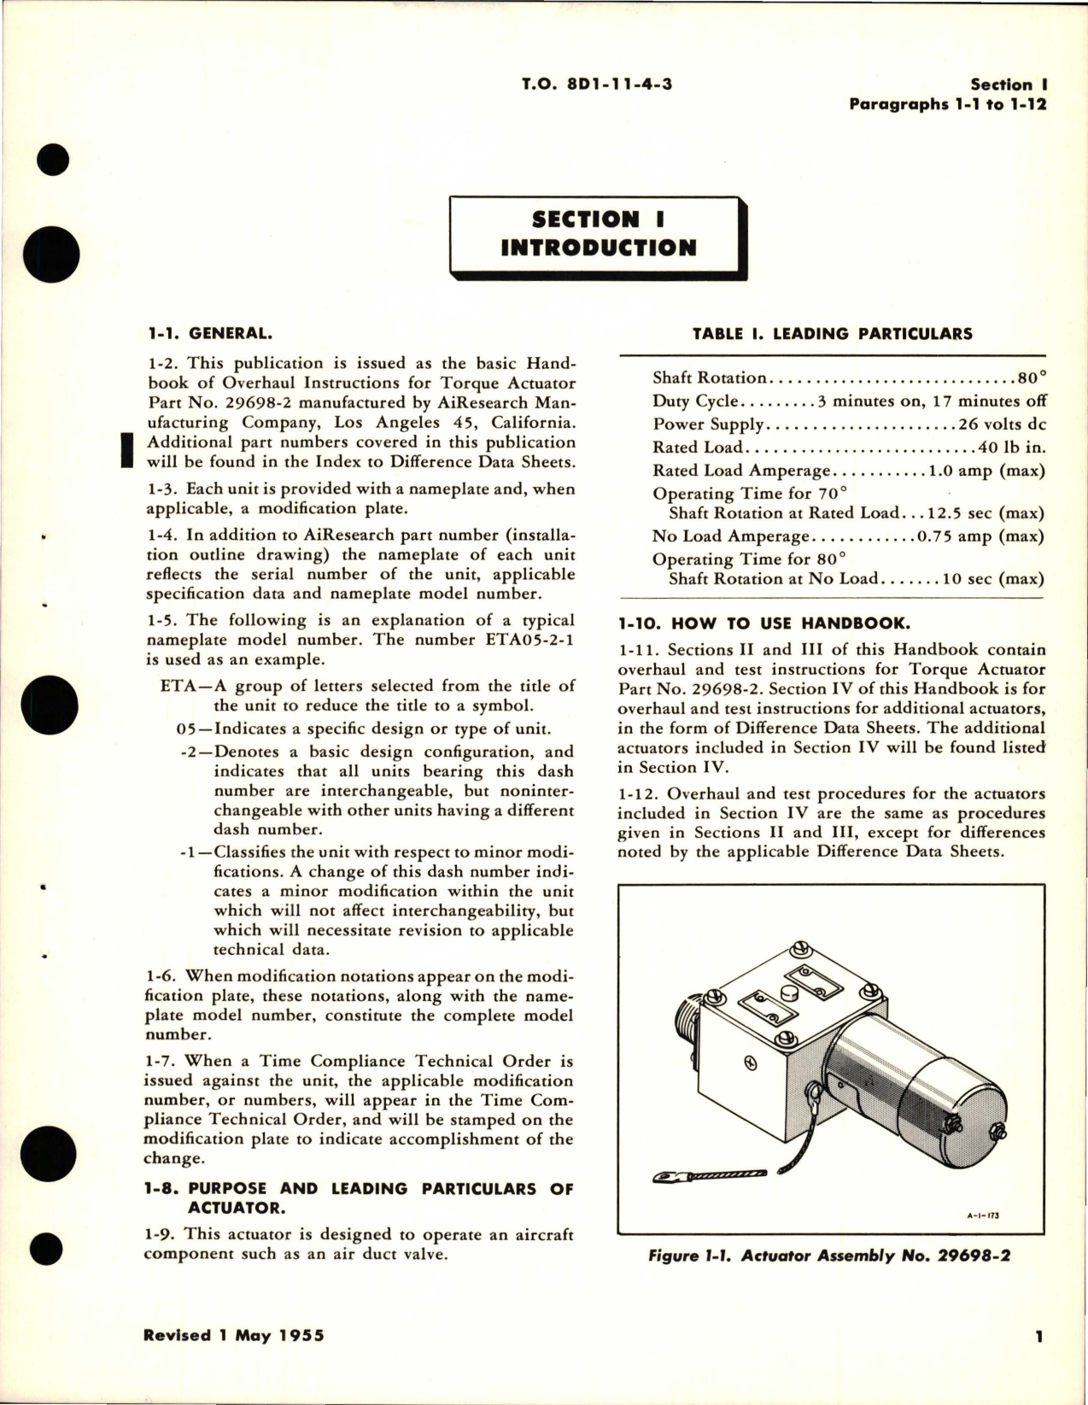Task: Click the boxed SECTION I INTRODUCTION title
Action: (x=598, y=234)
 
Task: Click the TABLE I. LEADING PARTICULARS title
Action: (x=832, y=334)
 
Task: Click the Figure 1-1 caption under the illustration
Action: (x=829, y=1256)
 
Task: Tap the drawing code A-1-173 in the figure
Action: (x=984, y=1215)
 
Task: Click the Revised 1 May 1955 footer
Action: (x=233, y=1335)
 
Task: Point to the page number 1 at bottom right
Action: (x=1039, y=1337)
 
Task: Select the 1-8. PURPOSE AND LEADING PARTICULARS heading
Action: (x=359, y=1197)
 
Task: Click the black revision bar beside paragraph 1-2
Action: (x=126, y=450)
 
